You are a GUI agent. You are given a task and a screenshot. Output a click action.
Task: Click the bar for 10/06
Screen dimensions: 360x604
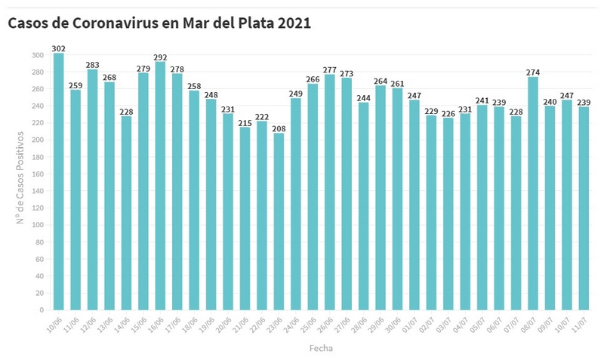coord(58,181)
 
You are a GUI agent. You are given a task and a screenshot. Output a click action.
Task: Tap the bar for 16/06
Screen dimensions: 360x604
coord(160,186)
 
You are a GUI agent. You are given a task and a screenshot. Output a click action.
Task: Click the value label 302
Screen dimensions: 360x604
coord(58,48)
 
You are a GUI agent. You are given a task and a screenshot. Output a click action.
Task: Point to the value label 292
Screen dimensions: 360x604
coord(160,57)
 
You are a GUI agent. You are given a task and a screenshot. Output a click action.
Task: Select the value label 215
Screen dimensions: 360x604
coord(245,122)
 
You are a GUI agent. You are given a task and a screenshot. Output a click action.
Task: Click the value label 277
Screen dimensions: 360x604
coord(329,69)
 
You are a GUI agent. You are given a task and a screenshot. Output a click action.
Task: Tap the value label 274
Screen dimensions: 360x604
coord(533,72)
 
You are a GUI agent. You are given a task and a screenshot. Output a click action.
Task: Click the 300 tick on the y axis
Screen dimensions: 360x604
coord(38,55)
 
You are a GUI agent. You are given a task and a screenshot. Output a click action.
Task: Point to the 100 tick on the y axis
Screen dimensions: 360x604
coord(38,225)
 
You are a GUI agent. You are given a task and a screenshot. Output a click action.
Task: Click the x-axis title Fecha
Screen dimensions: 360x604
coord(321,349)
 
